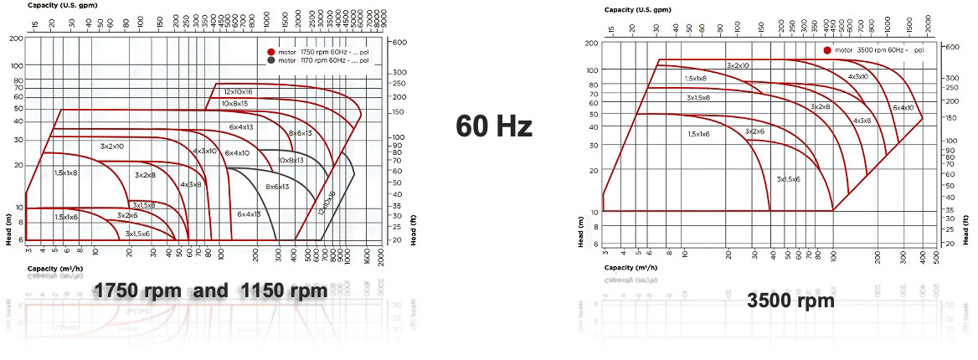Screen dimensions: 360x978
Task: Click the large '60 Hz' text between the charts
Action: tap(494, 127)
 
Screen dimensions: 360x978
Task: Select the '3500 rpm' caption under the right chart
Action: tap(790, 301)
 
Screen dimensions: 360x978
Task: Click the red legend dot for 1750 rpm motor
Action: tap(271, 51)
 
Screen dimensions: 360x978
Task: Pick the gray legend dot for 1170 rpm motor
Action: tap(271, 60)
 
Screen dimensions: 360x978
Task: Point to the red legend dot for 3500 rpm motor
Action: tap(828, 50)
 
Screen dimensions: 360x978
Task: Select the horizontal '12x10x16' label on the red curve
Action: tap(238, 90)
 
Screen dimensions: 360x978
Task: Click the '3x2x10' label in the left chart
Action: tap(112, 147)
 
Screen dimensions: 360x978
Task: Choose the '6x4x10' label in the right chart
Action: tap(903, 107)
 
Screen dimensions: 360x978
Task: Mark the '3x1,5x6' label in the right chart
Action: tap(788, 179)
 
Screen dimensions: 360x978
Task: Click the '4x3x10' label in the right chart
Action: tap(857, 76)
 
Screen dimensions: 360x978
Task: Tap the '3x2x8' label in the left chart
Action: tap(146, 175)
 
